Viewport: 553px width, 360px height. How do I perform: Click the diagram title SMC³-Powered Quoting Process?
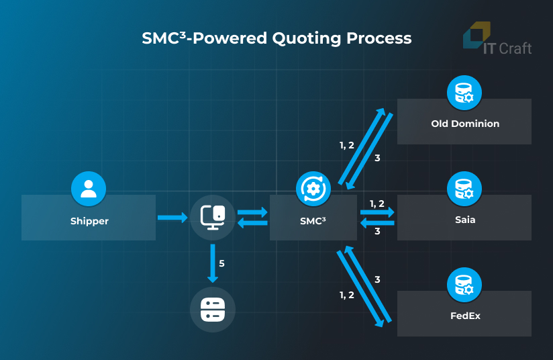[x=276, y=38]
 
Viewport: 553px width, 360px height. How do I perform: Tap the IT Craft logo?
[x=497, y=40]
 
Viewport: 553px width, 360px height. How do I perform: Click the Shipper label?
[x=89, y=221]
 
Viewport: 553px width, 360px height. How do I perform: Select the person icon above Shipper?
[x=89, y=188]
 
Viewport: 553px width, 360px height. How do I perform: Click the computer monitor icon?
[x=213, y=217]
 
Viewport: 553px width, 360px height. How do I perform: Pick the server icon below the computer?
[x=213, y=310]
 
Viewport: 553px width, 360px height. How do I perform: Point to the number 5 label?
[x=221, y=263]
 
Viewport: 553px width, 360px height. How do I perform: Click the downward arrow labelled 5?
[x=213, y=263]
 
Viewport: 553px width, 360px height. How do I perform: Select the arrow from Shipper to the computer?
[x=172, y=217]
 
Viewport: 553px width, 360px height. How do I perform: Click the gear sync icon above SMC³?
[x=313, y=188]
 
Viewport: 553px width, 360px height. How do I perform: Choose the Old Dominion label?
[x=464, y=124]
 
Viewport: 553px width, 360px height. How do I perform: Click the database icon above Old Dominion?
[x=464, y=93]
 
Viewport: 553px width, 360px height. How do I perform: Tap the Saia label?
[x=464, y=220]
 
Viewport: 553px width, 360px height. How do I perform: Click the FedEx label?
[x=464, y=316]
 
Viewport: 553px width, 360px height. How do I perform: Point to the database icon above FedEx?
[x=464, y=285]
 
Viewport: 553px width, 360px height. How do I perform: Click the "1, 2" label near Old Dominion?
[x=347, y=145]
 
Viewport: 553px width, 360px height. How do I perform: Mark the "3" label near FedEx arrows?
[x=377, y=279]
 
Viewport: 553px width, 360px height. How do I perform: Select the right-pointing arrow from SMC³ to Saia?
[x=378, y=212]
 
